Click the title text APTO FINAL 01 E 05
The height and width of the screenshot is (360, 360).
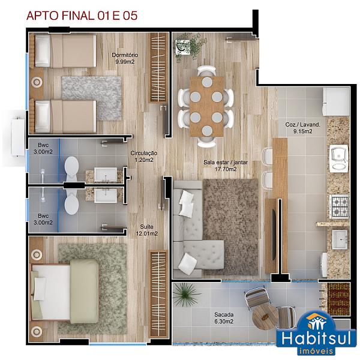point(82,16)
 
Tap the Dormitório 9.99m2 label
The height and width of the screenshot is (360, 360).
point(125,58)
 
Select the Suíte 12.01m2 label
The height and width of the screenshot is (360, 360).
point(147,230)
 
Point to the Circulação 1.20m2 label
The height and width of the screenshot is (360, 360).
point(144,157)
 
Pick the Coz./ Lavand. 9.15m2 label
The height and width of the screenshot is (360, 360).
point(302,128)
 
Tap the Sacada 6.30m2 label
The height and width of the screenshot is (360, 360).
point(224,318)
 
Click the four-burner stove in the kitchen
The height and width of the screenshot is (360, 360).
point(339,206)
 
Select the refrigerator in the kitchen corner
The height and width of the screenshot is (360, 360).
point(336,102)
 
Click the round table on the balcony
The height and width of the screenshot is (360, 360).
point(265,317)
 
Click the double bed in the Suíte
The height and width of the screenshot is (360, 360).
point(65,292)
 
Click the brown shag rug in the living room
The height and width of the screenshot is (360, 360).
point(231,227)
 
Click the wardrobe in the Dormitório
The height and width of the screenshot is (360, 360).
point(158,67)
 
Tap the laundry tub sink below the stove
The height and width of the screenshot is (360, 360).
point(340,239)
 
